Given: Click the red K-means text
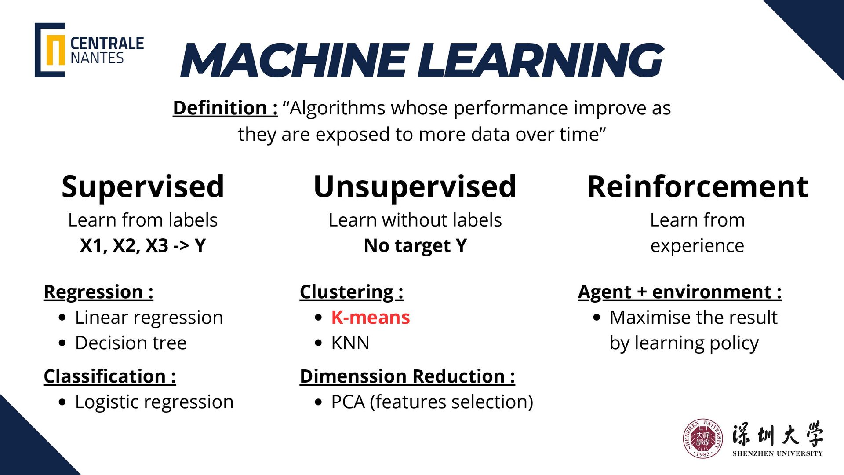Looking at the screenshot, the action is [370, 318].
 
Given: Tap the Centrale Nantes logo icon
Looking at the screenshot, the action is [50, 50].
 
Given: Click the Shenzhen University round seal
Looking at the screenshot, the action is [703, 438].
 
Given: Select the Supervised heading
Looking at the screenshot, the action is [143, 186].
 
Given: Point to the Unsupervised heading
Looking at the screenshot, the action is [415, 186].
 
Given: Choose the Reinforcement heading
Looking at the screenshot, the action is [698, 186].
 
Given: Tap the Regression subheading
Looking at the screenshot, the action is [98, 292].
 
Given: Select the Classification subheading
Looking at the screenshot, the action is [109, 376].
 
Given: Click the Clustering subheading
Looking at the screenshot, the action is [351, 292].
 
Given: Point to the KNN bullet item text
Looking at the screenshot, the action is [350, 343].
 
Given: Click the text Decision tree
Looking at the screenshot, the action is [131, 343].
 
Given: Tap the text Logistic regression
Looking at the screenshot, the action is [154, 402].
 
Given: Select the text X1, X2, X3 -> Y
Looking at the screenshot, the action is [143, 245].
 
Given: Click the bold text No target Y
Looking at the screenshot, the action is [415, 245].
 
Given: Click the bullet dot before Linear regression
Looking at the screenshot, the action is [62, 318].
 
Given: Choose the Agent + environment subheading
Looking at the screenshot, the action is [680, 292].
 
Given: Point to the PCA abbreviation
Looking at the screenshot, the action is [348, 402].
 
